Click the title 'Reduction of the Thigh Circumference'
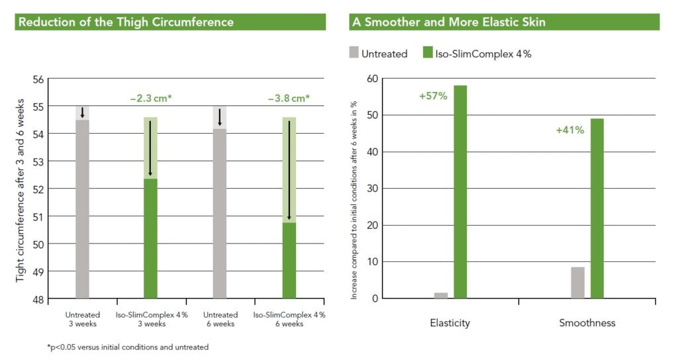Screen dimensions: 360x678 click(x=126, y=22)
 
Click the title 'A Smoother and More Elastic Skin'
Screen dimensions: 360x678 click(x=448, y=22)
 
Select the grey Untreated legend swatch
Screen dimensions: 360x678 click(x=353, y=54)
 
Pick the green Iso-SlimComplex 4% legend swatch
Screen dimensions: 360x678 click(x=428, y=54)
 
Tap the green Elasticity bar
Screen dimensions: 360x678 click(x=460, y=191)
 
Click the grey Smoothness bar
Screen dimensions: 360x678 click(x=577, y=283)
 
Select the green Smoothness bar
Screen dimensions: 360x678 click(x=597, y=208)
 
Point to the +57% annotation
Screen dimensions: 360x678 click(x=433, y=96)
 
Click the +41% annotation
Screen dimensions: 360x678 click(x=569, y=130)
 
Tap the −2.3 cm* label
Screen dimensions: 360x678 click(x=151, y=99)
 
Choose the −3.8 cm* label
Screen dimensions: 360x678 click(x=289, y=99)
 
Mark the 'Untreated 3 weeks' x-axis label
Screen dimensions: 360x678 click(x=83, y=319)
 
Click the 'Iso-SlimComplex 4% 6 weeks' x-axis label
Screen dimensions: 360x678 click(x=289, y=319)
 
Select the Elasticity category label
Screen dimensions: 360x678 click(x=450, y=323)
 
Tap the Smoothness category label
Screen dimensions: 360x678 click(x=587, y=323)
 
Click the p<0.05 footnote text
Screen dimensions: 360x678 click(x=128, y=347)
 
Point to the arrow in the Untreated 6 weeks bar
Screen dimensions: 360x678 click(x=220, y=117)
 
